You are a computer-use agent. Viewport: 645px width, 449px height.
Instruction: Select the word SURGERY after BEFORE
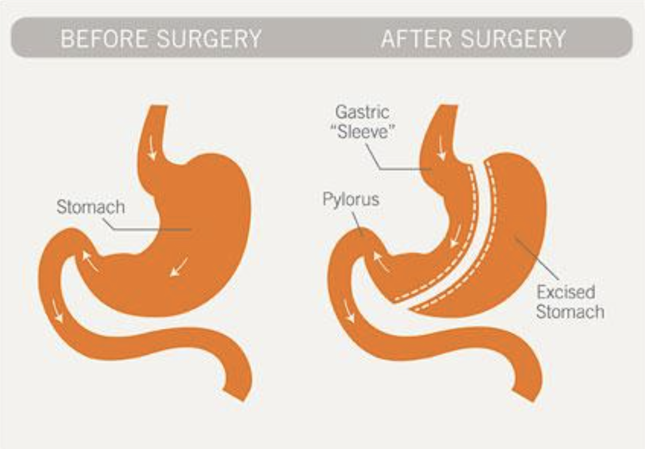209,39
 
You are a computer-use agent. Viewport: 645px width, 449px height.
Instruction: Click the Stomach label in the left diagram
90,207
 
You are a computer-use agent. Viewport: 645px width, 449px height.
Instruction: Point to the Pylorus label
351,200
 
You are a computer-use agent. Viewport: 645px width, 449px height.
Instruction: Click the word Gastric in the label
362,112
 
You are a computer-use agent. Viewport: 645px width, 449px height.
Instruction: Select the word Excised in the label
565,292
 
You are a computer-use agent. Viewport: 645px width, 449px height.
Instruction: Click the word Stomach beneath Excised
570,312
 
